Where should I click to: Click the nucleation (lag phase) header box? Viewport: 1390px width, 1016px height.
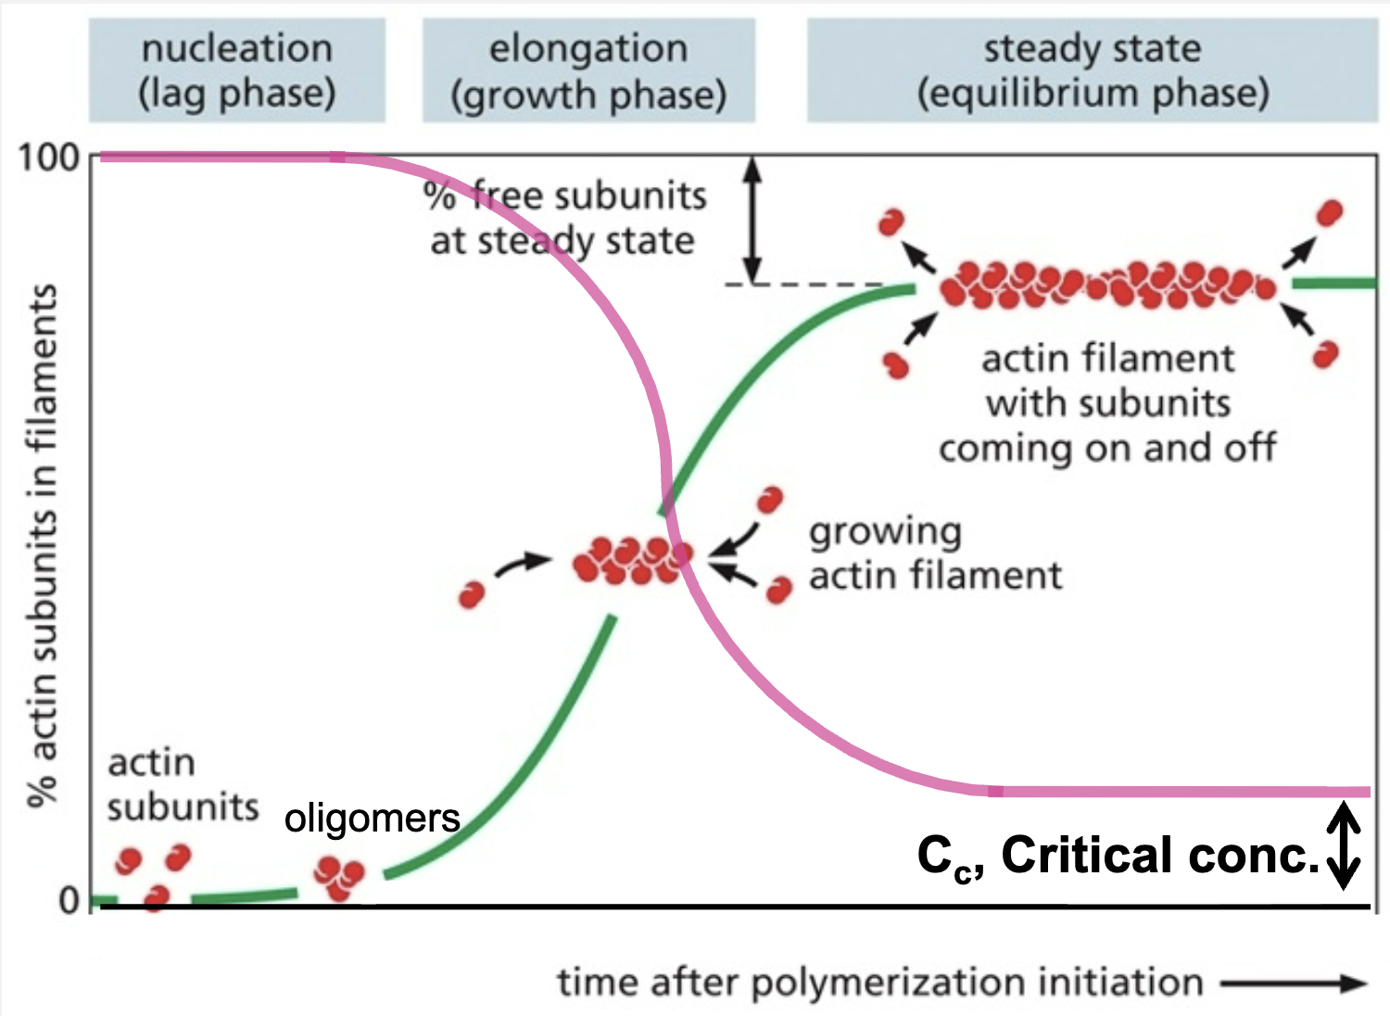coord(237,70)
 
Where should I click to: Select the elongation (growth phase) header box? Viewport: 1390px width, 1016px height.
coord(588,70)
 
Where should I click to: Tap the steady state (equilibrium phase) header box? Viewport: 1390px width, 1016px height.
coord(1093,70)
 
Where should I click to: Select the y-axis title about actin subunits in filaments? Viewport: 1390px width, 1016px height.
coord(42,547)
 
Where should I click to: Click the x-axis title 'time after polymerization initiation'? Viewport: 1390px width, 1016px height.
coord(879,982)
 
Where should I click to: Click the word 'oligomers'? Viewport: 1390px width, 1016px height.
coord(372,819)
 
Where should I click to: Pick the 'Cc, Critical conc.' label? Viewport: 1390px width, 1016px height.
coord(1118,856)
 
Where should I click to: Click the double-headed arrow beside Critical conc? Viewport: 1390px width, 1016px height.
coord(1344,845)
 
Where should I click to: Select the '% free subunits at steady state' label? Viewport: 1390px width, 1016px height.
coord(564,218)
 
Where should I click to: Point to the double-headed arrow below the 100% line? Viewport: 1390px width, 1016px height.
coord(753,220)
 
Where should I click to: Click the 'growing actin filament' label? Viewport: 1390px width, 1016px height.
coord(934,553)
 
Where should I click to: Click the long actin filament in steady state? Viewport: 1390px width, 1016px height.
coord(1107,285)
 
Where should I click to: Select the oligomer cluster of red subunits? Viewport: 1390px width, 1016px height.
coord(338,877)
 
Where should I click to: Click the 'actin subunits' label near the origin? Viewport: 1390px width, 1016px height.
coord(182,785)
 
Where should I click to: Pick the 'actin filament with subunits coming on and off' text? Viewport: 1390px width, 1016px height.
coord(1107,403)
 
